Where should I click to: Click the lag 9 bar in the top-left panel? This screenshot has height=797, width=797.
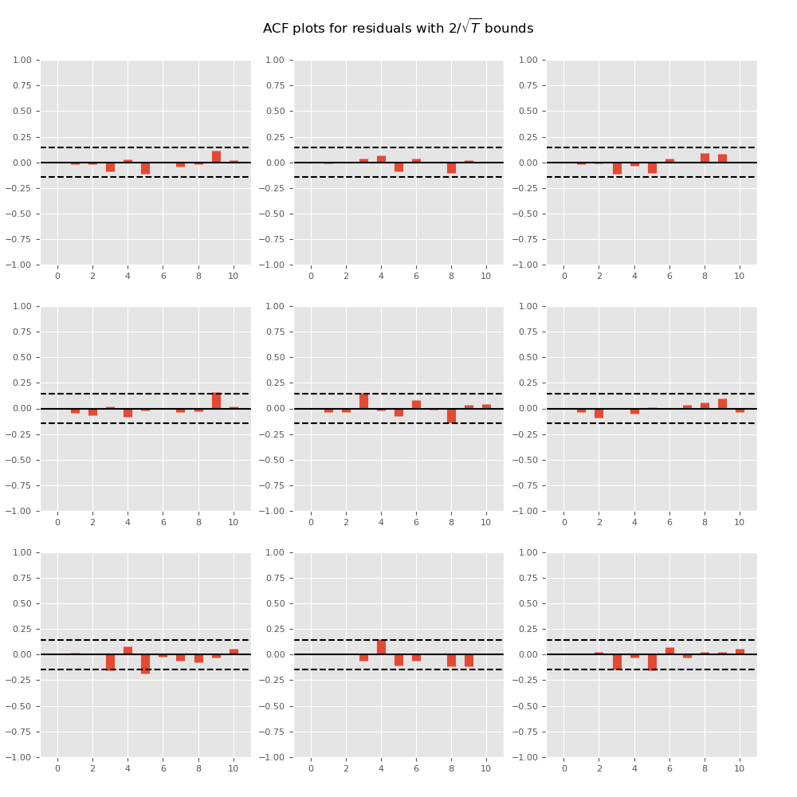(216, 157)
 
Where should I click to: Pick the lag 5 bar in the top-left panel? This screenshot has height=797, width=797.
(145, 168)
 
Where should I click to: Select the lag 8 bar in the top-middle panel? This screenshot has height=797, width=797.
(451, 167)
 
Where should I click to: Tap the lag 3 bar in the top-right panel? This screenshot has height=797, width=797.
(617, 168)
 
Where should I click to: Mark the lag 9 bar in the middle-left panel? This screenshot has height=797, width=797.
(216, 401)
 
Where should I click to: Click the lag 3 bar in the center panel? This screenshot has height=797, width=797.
(363, 402)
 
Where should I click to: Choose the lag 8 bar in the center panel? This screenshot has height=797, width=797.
(451, 415)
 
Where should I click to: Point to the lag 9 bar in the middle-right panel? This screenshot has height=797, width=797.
(722, 404)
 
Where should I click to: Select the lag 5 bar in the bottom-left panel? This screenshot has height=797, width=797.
(145, 664)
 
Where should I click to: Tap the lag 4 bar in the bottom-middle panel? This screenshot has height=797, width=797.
(381, 647)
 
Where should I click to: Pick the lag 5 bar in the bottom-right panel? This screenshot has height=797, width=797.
(652, 662)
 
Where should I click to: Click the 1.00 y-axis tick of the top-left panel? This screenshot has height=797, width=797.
(22, 61)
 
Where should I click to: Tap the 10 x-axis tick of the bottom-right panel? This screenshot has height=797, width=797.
(740, 768)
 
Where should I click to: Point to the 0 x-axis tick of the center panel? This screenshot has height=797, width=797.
(311, 522)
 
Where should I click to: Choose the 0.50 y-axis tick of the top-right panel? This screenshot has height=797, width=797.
(529, 112)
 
